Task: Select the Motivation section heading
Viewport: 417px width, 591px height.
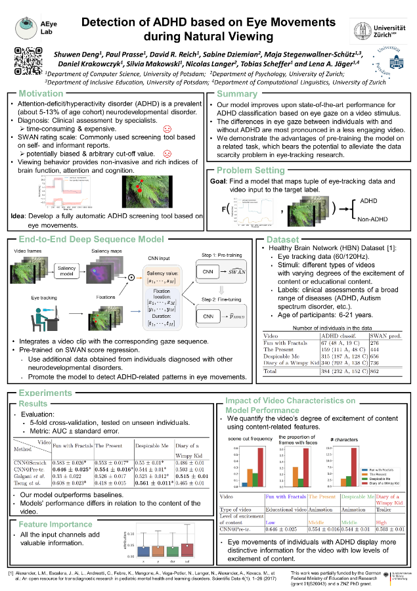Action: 41,94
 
